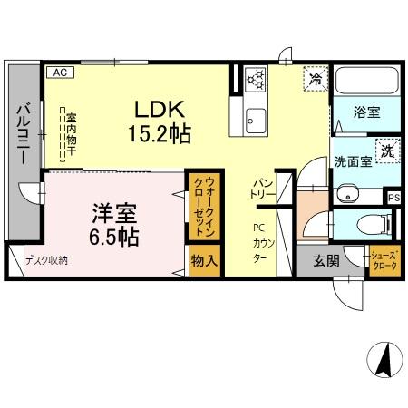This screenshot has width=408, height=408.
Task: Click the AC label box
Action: [x=59, y=72]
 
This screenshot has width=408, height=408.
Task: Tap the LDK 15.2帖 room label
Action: [x=162, y=121]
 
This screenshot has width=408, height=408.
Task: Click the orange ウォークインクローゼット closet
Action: [x=201, y=207]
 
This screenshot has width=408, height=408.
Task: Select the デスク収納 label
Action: [x=46, y=260]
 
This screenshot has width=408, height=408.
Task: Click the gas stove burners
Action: [x=254, y=79]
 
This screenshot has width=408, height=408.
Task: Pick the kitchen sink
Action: [x=255, y=119]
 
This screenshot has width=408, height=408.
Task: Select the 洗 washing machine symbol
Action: [x=387, y=151]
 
